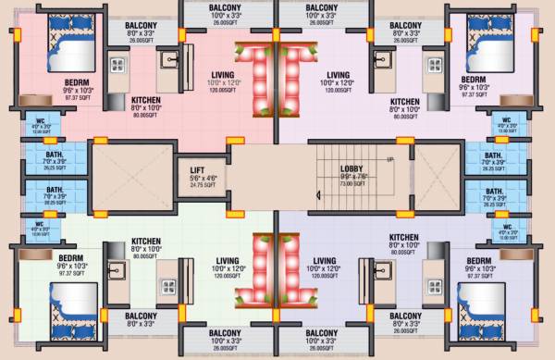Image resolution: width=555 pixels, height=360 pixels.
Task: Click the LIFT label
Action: pyautogui.click(x=197, y=169)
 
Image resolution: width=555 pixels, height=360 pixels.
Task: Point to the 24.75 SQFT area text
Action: pyautogui.click(x=197, y=185)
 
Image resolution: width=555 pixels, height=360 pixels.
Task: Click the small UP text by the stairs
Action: pyautogui.click(x=389, y=159)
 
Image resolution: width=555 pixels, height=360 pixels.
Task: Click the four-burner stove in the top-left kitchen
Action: pyautogui.click(x=117, y=65)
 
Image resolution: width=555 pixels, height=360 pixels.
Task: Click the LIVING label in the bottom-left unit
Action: pyautogui.click(x=227, y=260)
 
